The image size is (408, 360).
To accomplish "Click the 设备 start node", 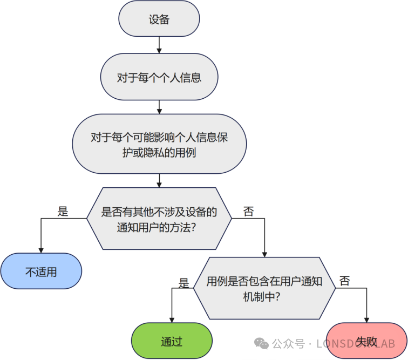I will (x=159, y=19).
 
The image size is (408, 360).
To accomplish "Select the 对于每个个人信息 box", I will (x=159, y=77).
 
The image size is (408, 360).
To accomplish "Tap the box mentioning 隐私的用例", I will (x=159, y=144).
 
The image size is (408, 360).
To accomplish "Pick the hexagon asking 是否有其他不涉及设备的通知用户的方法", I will (x=159, y=219).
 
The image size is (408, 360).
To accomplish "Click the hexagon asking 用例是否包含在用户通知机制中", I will (x=264, y=288).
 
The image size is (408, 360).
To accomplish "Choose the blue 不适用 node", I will (x=41, y=271).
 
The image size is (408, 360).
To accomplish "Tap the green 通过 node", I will (x=172, y=341).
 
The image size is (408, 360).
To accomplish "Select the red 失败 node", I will (x=367, y=341).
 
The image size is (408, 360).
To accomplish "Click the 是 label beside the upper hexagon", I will (x=63, y=212).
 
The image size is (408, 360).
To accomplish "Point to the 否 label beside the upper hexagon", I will (x=248, y=212).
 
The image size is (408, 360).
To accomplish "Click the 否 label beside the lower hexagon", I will (x=344, y=281).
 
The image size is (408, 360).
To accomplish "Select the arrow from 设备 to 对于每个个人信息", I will (x=159, y=45).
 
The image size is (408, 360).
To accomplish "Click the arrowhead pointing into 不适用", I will (x=41, y=250).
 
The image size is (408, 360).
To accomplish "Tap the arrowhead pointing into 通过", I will (x=172, y=320).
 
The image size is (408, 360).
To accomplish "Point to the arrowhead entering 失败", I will (x=367, y=320).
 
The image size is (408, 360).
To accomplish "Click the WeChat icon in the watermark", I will (x=261, y=344).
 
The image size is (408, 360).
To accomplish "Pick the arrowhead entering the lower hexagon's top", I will (x=264, y=254).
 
